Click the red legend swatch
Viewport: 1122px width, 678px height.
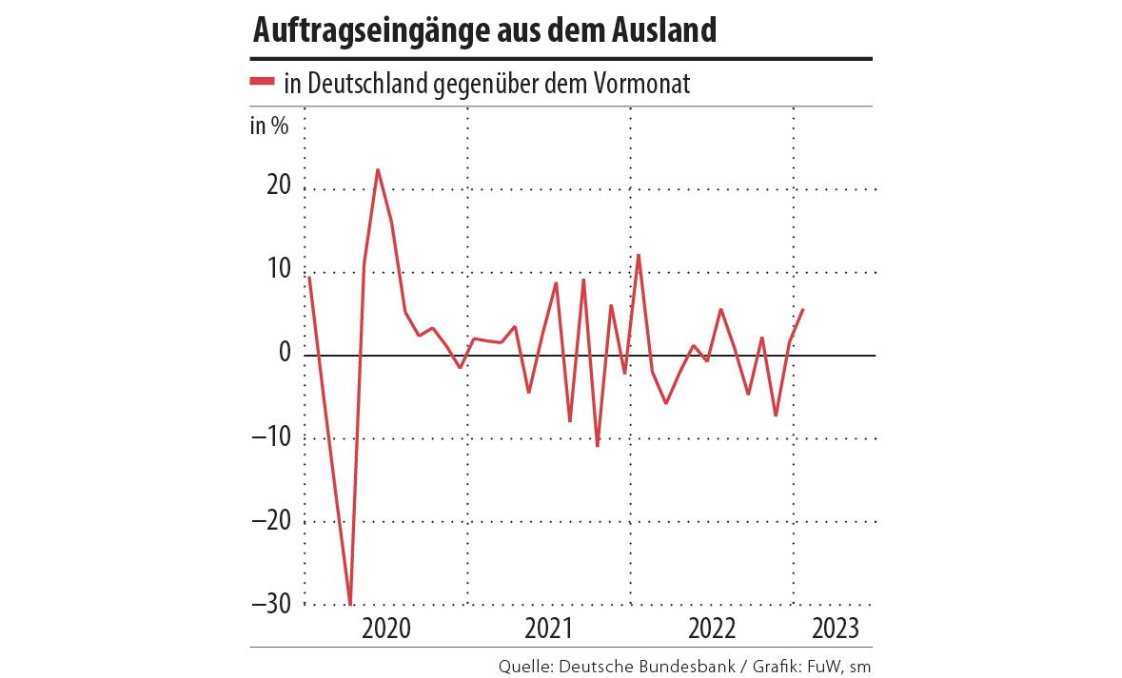click(x=262, y=82)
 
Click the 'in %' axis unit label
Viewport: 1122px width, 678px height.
click(x=268, y=126)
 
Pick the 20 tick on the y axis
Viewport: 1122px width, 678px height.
click(x=278, y=186)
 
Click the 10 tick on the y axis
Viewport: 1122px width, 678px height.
click(x=278, y=270)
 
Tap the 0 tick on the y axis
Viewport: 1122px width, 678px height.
click(x=284, y=353)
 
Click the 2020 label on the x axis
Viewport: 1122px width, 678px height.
click(x=386, y=629)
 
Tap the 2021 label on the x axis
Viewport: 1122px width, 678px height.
click(x=548, y=629)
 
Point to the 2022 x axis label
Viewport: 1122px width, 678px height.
click(x=711, y=629)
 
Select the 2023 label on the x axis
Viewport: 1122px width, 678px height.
click(x=835, y=629)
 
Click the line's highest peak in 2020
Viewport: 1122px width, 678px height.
click(x=378, y=169)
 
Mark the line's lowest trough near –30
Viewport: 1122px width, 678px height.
click(x=350, y=604)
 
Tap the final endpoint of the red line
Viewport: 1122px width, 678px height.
click(x=803, y=309)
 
